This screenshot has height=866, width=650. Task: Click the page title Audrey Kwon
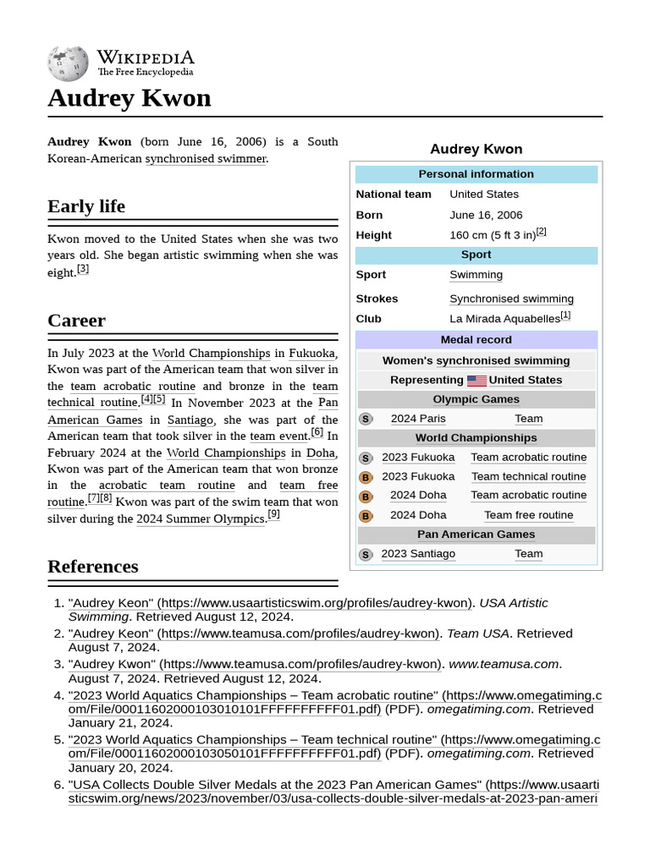(129, 98)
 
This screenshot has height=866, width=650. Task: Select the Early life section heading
(86, 206)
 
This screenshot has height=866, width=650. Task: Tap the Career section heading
(76, 321)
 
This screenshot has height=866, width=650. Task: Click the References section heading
(92, 567)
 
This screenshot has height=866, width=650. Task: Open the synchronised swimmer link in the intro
(206, 158)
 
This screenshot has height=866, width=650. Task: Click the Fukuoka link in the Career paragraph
(311, 354)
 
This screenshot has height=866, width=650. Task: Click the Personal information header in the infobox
(476, 174)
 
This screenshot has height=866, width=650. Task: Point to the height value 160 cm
(493, 235)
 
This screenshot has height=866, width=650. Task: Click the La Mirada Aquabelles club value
(504, 319)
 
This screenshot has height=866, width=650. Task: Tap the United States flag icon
(476, 381)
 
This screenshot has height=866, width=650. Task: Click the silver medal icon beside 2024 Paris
(366, 419)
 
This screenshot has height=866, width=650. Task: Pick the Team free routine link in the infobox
(528, 515)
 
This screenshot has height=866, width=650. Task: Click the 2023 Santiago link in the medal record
(418, 554)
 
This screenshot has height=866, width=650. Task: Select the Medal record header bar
(476, 340)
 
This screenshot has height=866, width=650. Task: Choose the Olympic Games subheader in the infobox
(476, 399)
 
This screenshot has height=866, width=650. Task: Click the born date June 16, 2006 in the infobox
(486, 215)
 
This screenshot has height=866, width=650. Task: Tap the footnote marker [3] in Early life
(83, 270)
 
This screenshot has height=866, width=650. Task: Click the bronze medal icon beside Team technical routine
(366, 477)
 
